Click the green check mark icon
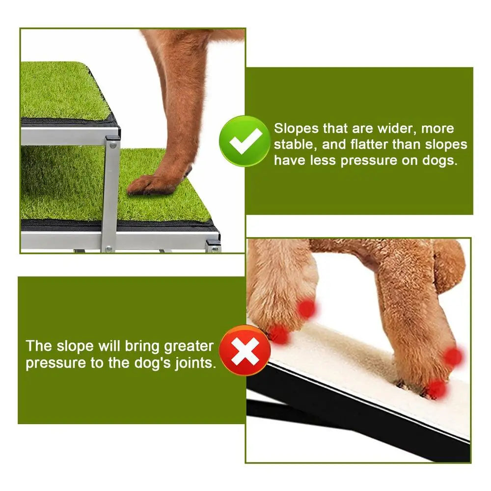click(x=244, y=141)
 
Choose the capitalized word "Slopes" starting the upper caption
click(x=296, y=129)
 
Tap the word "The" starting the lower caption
click(x=39, y=346)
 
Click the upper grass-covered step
click(x=59, y=91)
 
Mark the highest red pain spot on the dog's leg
click(x=306, y=309)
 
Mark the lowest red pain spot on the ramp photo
click(x=436, y=389)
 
